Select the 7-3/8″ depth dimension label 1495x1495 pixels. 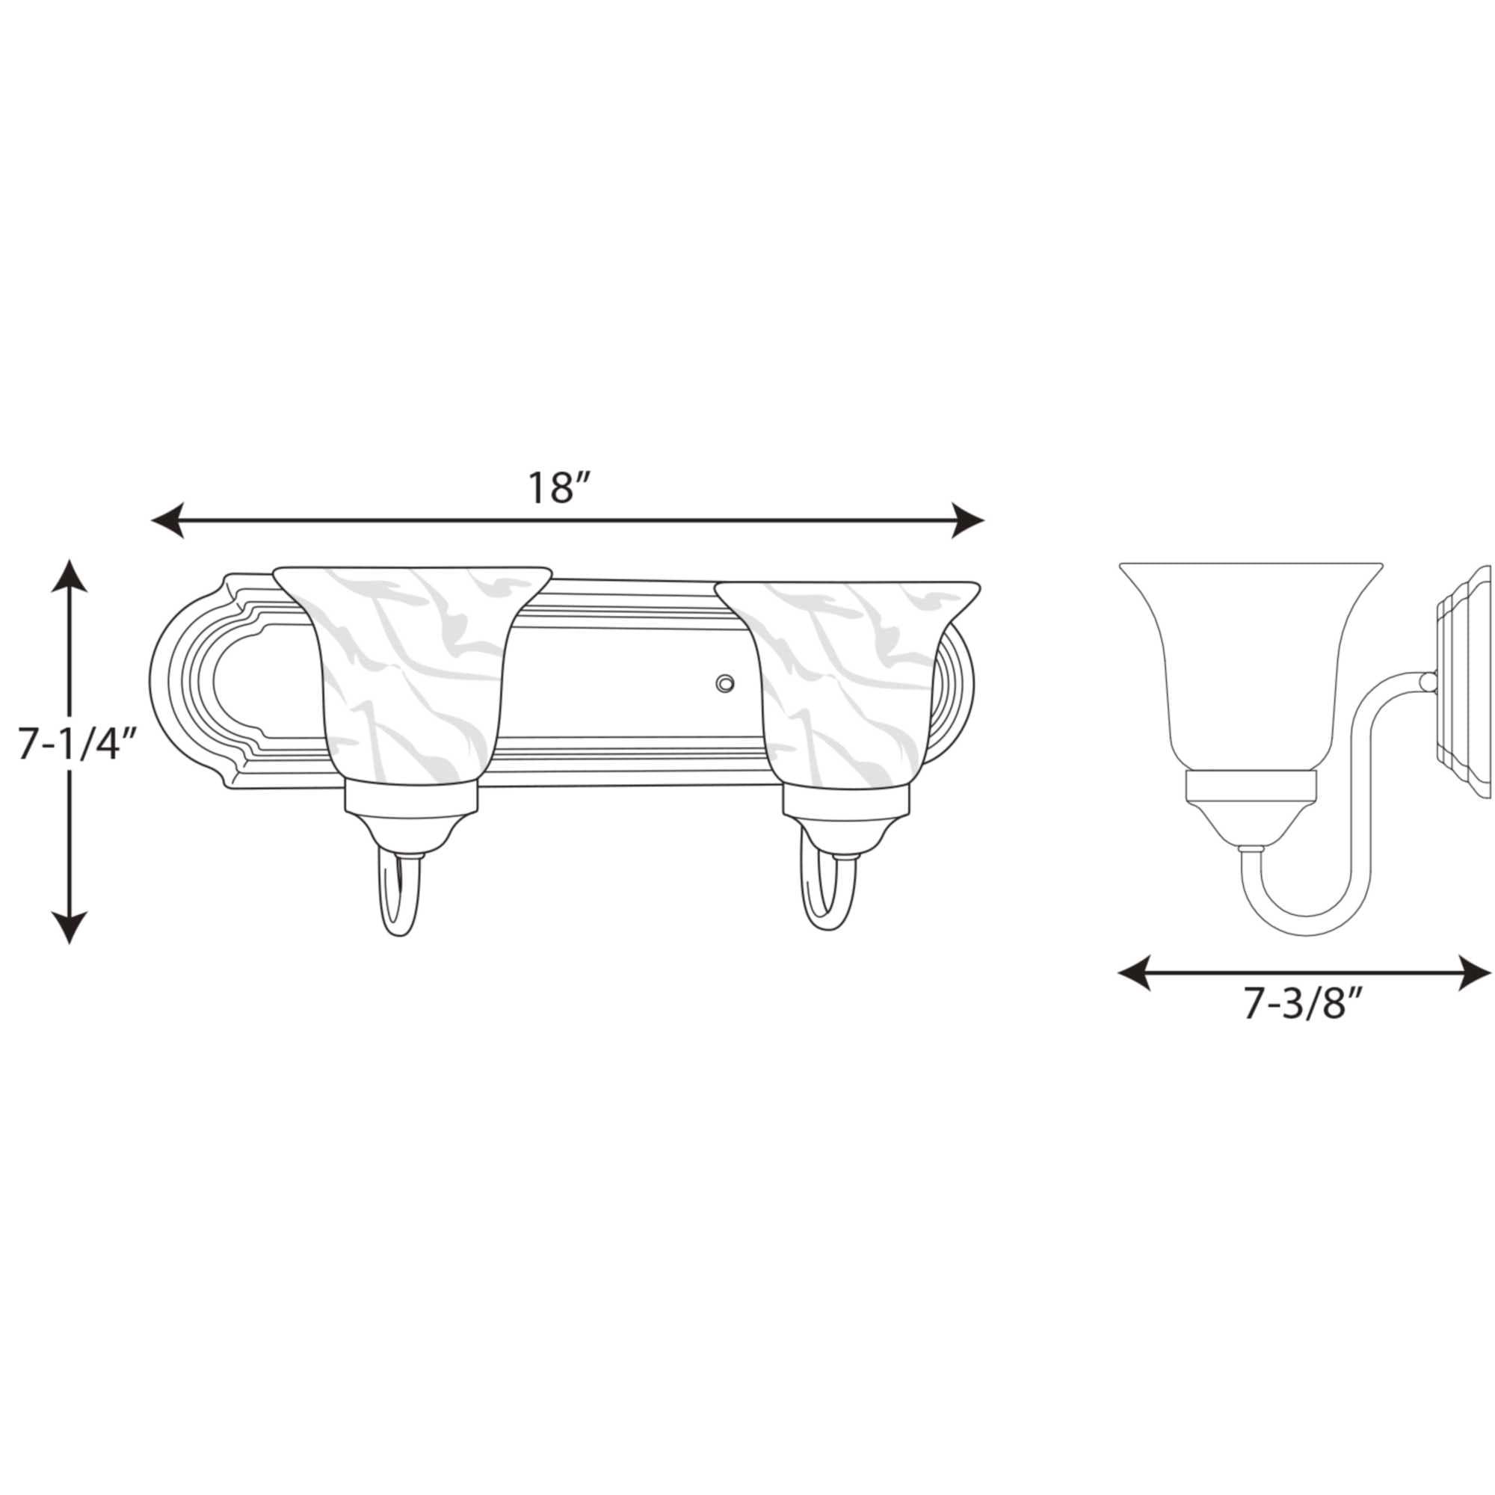tap(1301, 1005)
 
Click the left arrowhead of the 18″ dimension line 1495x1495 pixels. tap(167, 520)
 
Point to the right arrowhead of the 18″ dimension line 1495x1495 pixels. tap(967, 520)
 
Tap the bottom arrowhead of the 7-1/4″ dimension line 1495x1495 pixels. tap(70, 928)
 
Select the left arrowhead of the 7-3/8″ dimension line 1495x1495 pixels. tap(1135, 972)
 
